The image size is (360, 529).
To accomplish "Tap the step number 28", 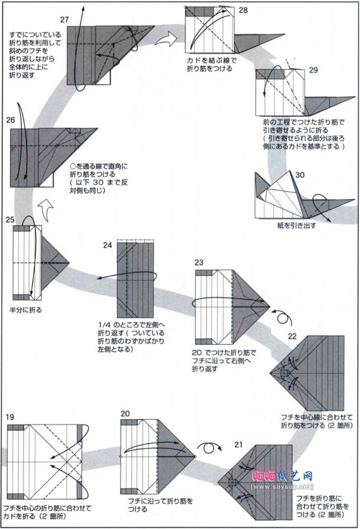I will (x=243, y=11).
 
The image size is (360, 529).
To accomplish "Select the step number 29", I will (x=313, y=70).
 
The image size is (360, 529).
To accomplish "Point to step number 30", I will (x=300, y=175).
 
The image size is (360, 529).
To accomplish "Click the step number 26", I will (x=11, y=120).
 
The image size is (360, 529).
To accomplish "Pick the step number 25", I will (x=10, y=220).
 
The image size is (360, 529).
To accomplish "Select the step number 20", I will (x=125, y=414).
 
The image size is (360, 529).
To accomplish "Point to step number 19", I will (x=10, y=417).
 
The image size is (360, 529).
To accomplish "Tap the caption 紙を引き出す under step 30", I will (x=298, y=225).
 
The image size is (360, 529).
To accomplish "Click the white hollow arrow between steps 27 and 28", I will (x=166, y=39).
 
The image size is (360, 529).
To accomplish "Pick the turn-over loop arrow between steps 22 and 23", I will (x=283, y=318).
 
